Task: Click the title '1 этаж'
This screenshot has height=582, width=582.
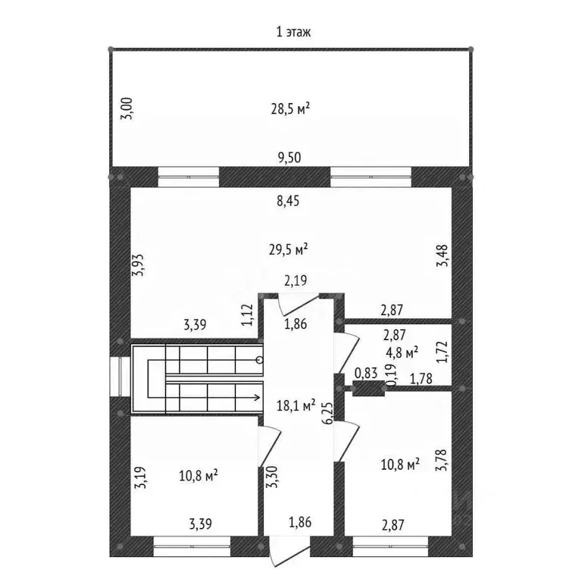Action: coord(293,33)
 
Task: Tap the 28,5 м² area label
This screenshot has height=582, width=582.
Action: coord(290,109)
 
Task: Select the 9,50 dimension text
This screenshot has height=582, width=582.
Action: coord(289,158)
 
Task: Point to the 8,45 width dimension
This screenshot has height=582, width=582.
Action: coord(288,201)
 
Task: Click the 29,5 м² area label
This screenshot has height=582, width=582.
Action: coord(289,249)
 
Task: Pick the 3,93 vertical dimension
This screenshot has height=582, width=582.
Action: coord(139,265)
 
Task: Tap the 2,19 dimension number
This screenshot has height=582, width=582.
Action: coord(296,280)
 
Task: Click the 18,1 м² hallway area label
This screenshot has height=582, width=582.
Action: coord(296,405)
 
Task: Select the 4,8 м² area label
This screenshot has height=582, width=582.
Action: coord(402,352)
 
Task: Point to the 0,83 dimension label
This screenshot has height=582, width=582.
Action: coord(366,373)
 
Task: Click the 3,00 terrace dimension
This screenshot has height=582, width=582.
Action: coord(127,108)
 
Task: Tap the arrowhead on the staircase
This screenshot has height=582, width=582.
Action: coord(257,398)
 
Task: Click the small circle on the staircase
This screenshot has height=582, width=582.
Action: coord(260,360)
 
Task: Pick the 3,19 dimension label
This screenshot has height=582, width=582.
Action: coord(141,477)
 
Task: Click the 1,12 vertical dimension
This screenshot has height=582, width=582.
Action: coord(247,315)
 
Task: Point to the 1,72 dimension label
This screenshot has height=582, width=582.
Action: coord(443,352)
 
